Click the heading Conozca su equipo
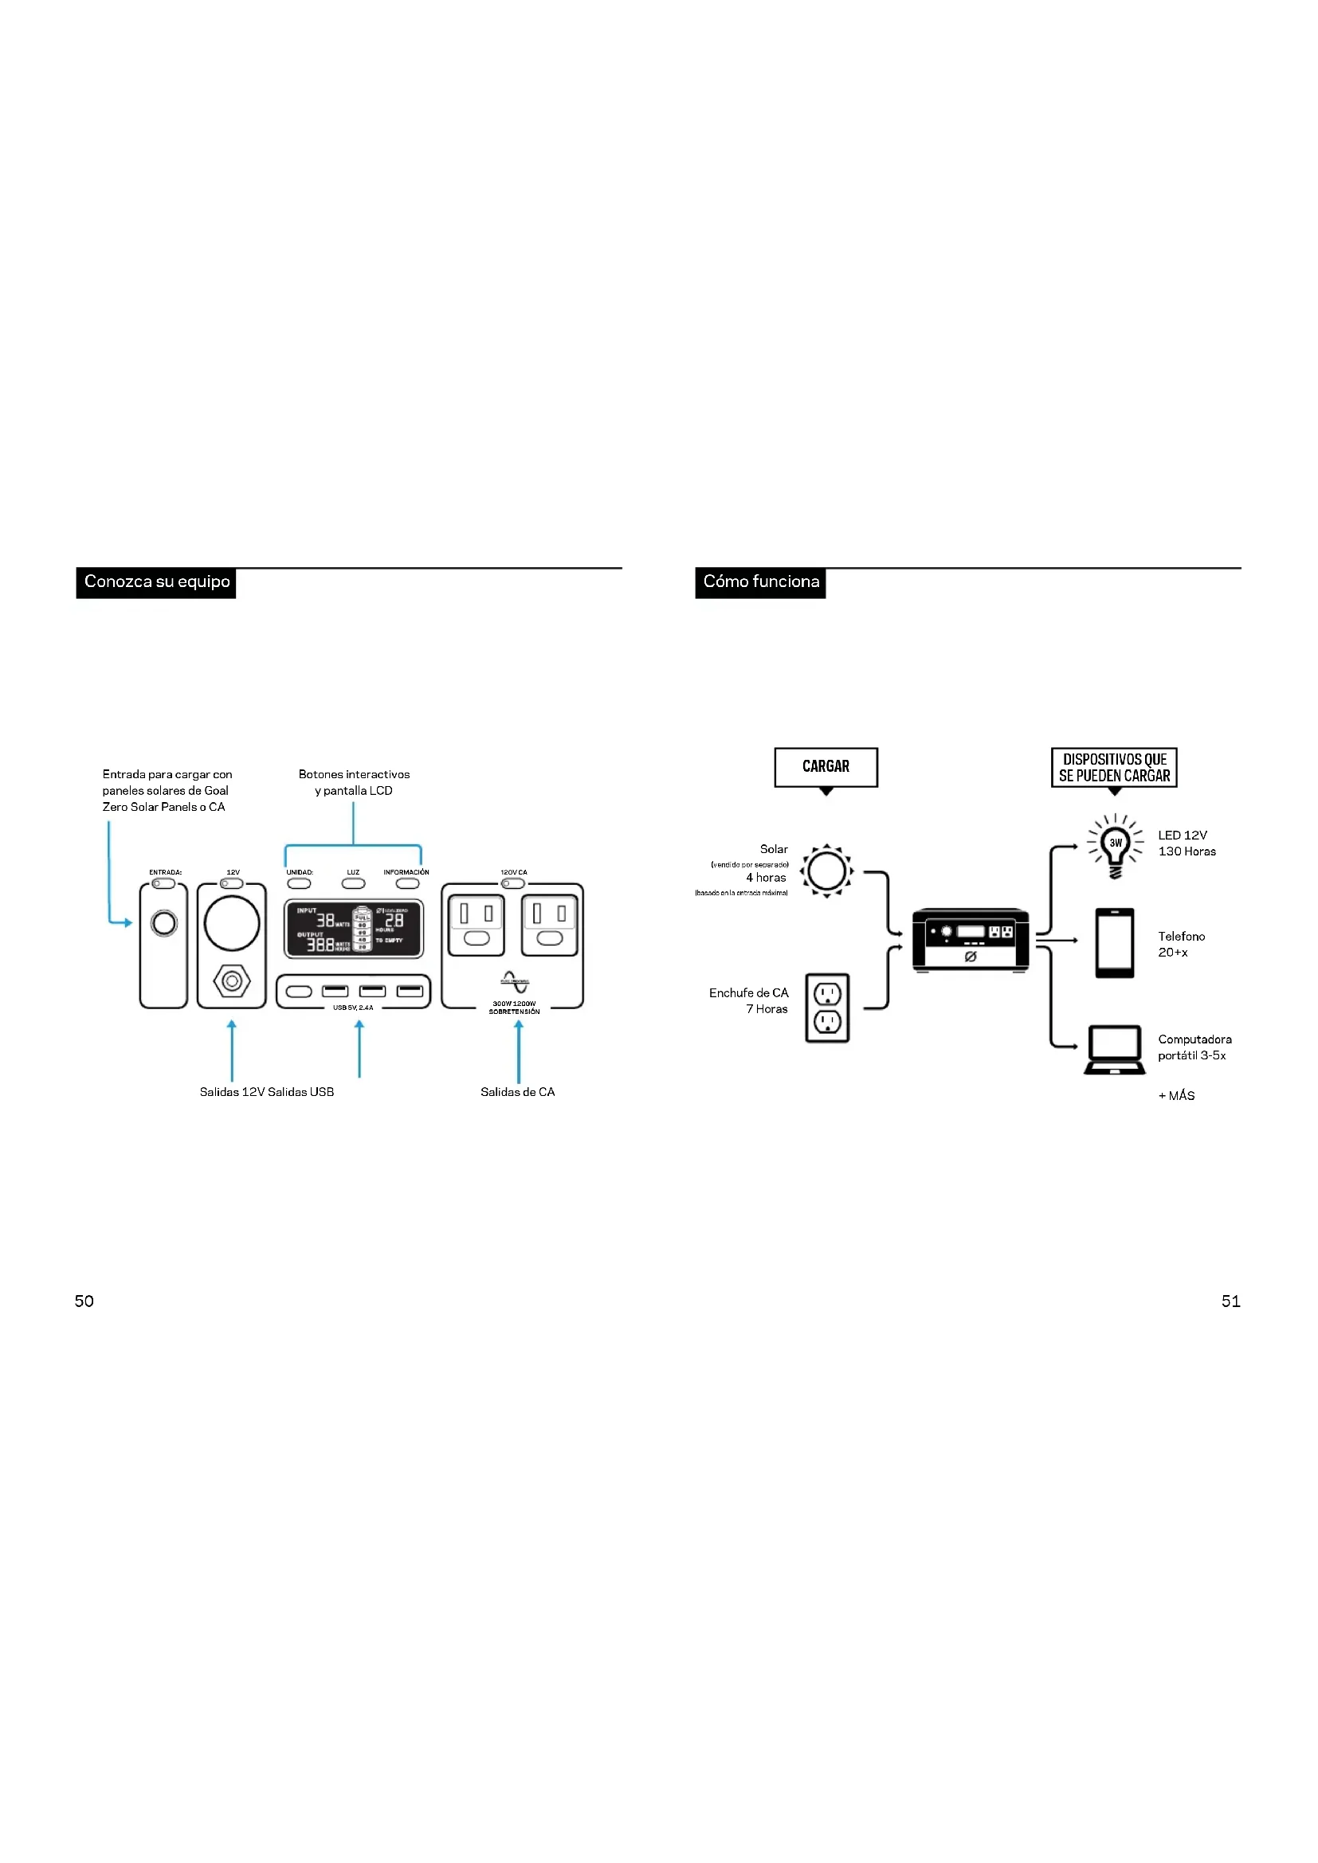[157, 581]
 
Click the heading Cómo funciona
[760, 581]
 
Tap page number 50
[84, 1301]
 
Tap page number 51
[1230, 1301]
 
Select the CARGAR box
[826, 767]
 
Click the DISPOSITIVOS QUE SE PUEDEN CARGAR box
[1113, 767]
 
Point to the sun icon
[826, 871]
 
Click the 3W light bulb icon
[1115, 847]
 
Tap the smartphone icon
[1114, 943]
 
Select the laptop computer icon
[1114, 1049]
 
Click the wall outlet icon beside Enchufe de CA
[827, 1008]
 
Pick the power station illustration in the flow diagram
[970, 940]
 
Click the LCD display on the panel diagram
[353, 928]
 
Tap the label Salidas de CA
[517, 1092]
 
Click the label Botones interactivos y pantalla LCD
[354, 782]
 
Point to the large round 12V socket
[232, 923]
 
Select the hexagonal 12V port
[232, 981]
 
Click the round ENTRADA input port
[164, 922]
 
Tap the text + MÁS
[1176, 1095]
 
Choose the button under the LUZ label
[353, 883]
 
